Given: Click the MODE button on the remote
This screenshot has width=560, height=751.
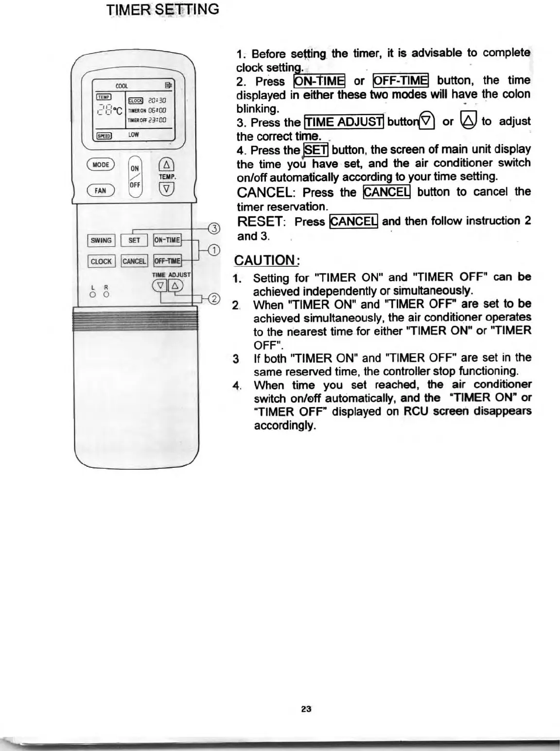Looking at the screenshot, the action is (101, 165).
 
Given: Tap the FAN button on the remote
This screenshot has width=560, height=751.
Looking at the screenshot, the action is (100, 190).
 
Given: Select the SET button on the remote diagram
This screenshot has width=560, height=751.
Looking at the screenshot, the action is (134, 240).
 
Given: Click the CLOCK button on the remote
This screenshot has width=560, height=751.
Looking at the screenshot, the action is (101, 261).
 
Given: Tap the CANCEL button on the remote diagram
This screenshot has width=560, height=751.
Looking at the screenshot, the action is (134, 261).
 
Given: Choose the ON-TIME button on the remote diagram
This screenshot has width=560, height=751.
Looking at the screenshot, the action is (167, 240).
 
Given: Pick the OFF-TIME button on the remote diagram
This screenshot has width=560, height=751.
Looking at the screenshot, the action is (167, 261).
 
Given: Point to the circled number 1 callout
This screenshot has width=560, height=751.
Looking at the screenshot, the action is (213, 250).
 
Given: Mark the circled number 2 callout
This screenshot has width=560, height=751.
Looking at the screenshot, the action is (214, 298).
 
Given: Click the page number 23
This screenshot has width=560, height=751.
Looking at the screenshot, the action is (306, 709).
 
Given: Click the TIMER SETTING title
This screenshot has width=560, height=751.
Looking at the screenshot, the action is (163, 9).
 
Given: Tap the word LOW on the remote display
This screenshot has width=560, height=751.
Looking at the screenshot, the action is (134, 134).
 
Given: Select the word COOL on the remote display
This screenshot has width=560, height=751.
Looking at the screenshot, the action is (122, 86).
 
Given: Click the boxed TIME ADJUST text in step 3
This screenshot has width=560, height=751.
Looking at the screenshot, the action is (344, 121).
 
